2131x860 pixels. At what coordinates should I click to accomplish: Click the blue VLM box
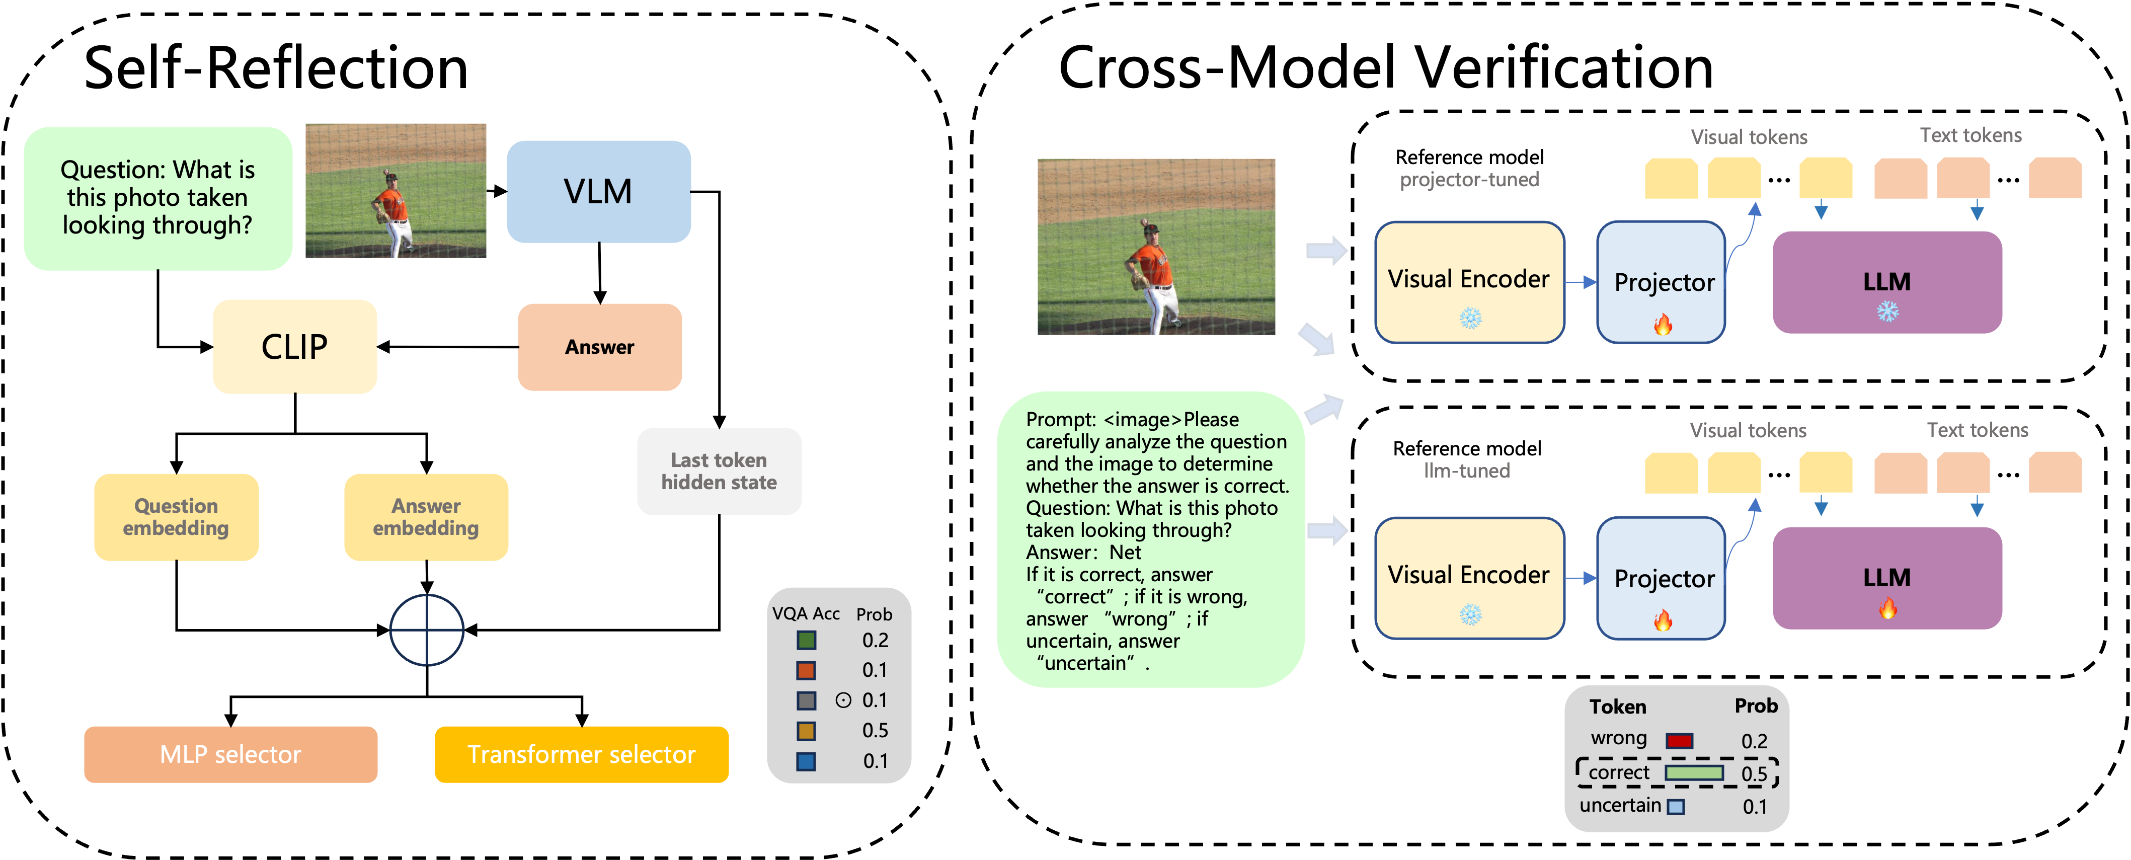point(598,192)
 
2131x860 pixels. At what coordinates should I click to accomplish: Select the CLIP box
point(294,347)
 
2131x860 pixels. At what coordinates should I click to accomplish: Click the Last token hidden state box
point(719,472)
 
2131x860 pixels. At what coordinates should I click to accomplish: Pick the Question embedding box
point(176,517)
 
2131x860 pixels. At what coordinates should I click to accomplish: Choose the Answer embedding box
point(426,517)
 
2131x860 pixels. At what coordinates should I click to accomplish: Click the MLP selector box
point(231,754)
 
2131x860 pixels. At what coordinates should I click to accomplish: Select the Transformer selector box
point(582,754)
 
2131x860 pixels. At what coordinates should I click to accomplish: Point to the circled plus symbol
point(427,630)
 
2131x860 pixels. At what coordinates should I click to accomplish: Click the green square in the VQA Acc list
point(806,640)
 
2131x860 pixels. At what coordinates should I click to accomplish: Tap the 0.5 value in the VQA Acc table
point(875,730)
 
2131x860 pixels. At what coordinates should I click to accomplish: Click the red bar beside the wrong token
point(1679,740)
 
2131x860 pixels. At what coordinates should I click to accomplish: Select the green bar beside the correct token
point(1693,772)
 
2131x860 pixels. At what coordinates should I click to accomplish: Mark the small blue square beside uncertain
point(1675,806)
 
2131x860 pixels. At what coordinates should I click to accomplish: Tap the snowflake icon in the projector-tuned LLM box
point(1887,312)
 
